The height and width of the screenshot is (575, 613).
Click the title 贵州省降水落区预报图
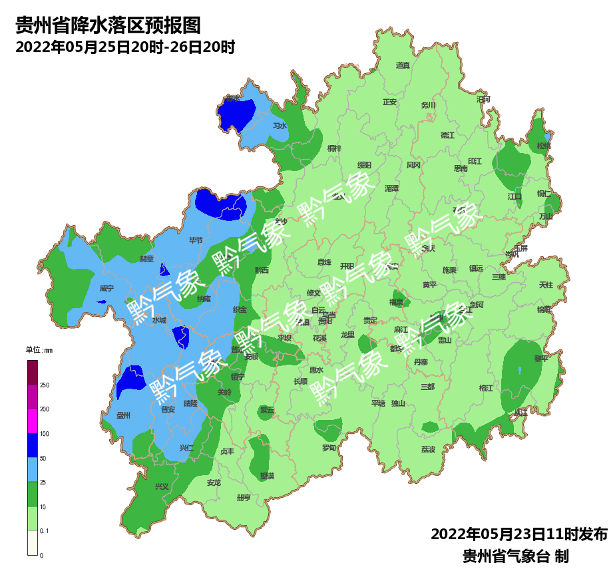pyautogui.click(x=108, y=26)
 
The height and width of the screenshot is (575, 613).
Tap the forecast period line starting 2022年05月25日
pyautogui.click(x=125, y=48)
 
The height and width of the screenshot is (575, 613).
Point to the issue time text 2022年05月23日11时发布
pyautogui.click(x=519, y=534)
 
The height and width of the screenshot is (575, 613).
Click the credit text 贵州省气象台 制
pyautogui.click(x=515, y=556)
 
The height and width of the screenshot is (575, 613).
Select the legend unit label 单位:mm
pyautogui.click(x=39, y=350)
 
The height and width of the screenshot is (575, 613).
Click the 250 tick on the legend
pyautogui.click(x=45, y=385)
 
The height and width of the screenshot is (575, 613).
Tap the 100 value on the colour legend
pyautogui.click(x=45, y=434)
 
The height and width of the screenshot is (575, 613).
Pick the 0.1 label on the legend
pyautogui.click(x=45, y=531)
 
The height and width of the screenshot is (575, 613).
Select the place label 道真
pyautogui.click(x=403, y=65)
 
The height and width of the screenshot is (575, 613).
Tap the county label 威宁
pyautogui.click(x=106, y=289)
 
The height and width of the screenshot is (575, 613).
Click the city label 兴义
pyautogui.click(x=162, y=486)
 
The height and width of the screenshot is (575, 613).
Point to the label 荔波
pyautogui.click(x=427, y=449)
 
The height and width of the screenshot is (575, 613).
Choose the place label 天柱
pyautogui.click(x=546, y=285)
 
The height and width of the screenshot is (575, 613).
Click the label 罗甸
pyautogui.click(x=329, y=448)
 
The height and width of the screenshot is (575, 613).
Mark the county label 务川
pyautogui.click(x=428, y=105)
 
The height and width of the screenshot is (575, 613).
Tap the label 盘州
pyautogui.click(x=123, y=415)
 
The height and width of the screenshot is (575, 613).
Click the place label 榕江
pyautogui.click(x=486, y=388)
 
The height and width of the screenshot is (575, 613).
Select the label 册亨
pyautogui.click(x=244, y=498)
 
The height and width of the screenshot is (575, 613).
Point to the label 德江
pyautogui.click(x=447, y=135)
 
